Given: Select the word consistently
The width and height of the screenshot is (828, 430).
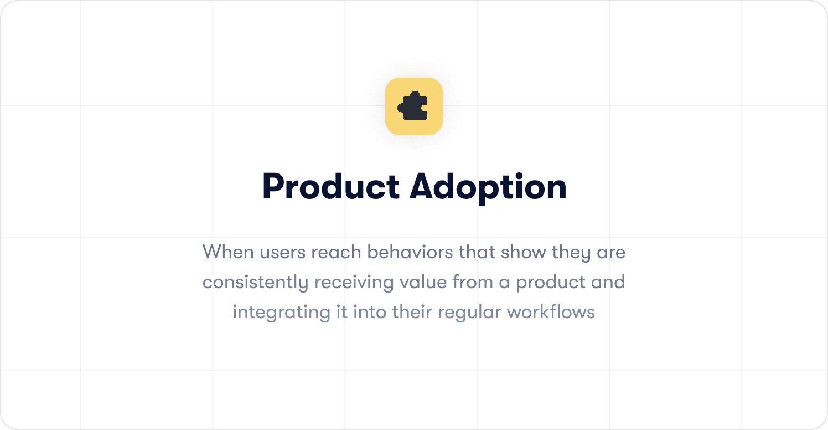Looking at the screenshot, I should tap(255, 283).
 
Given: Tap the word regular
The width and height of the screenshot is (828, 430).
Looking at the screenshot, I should tap(469, 313).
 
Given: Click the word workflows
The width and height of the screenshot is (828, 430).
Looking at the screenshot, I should tap(551, 313).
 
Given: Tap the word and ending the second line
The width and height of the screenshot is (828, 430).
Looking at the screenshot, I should tap(607, 283).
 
